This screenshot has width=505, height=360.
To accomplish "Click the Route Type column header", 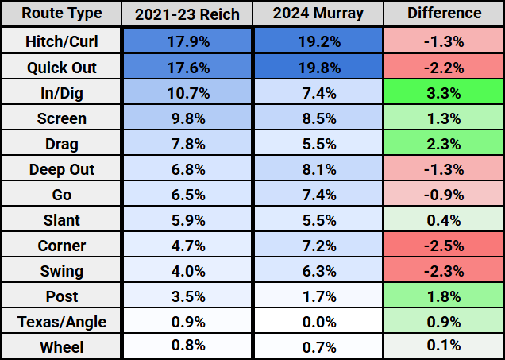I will [61, 14].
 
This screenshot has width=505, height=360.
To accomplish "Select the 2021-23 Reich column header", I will [188, 14].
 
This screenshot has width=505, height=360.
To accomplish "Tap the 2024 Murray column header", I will [318, 14].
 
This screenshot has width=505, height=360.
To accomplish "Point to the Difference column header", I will [444, 14].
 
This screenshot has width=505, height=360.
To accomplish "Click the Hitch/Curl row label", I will [61, 42].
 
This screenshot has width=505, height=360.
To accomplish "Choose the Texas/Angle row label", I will [61, 321].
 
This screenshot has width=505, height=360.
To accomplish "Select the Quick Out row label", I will [61, 68].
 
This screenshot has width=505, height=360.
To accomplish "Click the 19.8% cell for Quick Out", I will [318, 68].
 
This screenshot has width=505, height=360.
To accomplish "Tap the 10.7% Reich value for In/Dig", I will [188, 93].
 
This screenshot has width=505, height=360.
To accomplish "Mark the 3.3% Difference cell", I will [444, 93].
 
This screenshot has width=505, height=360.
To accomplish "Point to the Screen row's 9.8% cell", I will [188, 118].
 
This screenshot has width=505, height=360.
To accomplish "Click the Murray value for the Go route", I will [318, 195].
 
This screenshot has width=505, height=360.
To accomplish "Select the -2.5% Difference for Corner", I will [444, 246].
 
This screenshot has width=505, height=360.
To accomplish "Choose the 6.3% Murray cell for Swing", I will [318, 271].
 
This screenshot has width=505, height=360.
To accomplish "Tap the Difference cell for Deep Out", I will [444, 169].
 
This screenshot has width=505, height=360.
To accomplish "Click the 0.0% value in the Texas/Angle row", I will [318, 321].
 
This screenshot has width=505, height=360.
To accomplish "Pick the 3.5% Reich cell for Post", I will [188, 296].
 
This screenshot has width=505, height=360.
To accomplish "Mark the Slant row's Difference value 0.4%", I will [444, 220].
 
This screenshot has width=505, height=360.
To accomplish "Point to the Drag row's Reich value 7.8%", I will [188, 144].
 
